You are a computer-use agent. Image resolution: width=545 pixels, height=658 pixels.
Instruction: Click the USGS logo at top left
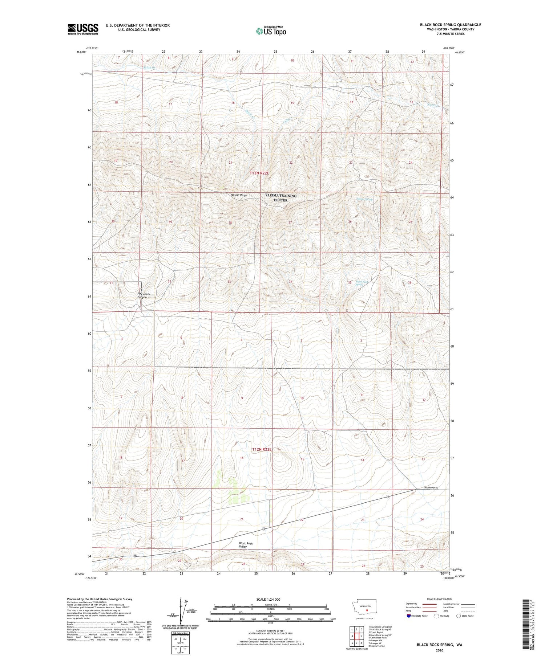click(83, 29)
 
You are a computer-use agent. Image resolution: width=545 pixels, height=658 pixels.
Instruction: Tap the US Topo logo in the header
click(271, 31)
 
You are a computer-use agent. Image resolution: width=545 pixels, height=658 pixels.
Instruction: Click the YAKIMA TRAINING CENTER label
click(280, 198)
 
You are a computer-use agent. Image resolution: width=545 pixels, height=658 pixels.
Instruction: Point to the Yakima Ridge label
click(238, 195)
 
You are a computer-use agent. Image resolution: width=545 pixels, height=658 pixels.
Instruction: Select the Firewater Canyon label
click(142, 295)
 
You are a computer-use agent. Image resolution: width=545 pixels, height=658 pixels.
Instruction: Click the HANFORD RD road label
click(432, 488)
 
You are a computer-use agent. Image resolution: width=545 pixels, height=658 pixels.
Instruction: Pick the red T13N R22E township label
click(259, 173)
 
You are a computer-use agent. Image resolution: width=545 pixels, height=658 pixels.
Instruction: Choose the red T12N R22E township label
click(262, 449)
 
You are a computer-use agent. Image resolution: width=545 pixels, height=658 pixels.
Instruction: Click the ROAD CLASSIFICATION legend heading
click(440, 599)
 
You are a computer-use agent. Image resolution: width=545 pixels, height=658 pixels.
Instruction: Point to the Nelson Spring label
click(364, 199)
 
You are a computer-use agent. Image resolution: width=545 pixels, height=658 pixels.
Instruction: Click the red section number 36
click(410, 283)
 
